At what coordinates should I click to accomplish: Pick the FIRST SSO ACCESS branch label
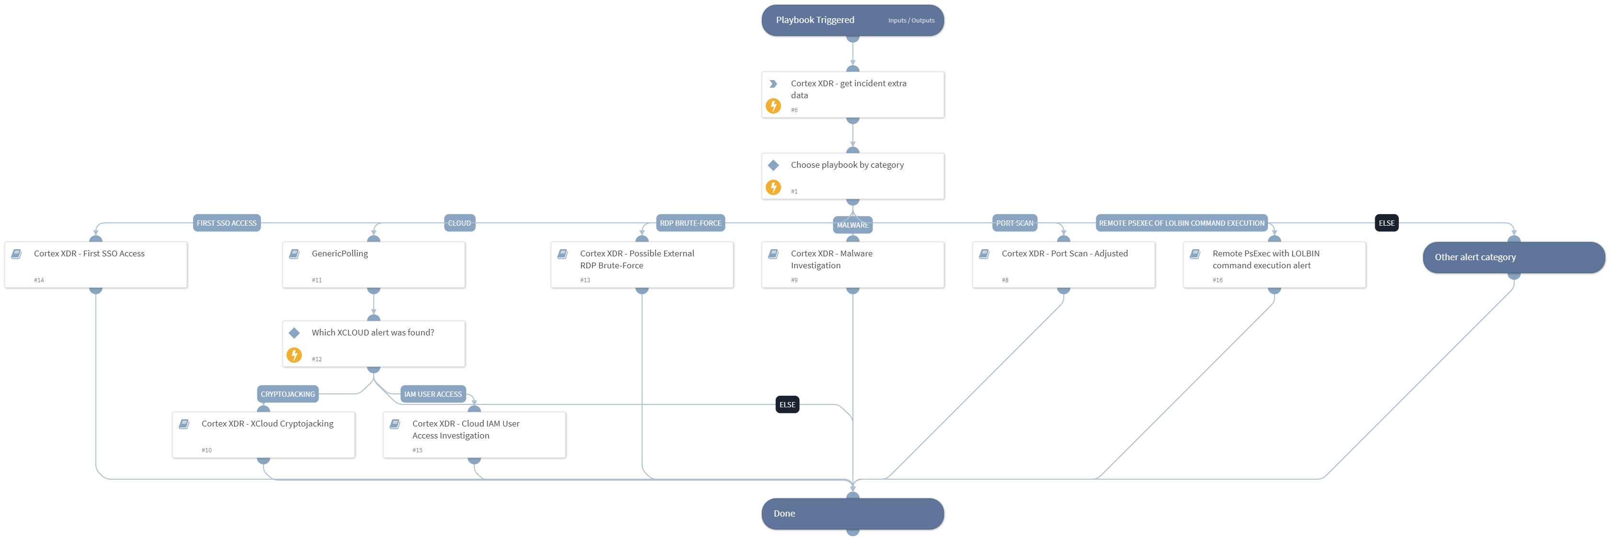(226, 223)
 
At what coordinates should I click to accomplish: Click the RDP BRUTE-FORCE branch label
(690, 223)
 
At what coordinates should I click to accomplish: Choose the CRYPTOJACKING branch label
(287, 394)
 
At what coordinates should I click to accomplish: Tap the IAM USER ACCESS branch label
(433, 394)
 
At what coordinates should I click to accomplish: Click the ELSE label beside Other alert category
(1386, 223)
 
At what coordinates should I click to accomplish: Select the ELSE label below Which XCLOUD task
(787, 405)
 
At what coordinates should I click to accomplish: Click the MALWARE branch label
(852, 226)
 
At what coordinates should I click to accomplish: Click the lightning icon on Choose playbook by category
(773, 187)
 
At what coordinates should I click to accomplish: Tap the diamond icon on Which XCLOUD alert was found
(294, 333)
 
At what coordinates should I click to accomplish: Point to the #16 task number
(1217, 280)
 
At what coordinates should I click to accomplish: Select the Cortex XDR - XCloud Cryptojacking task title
(267, 424)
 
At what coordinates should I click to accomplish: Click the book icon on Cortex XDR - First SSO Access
(17, 253)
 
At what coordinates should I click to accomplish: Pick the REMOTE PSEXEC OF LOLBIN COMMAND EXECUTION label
(1181, 223)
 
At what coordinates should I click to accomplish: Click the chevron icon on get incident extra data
(773, 84)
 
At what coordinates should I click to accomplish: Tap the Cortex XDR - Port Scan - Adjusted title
(1064, 253)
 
